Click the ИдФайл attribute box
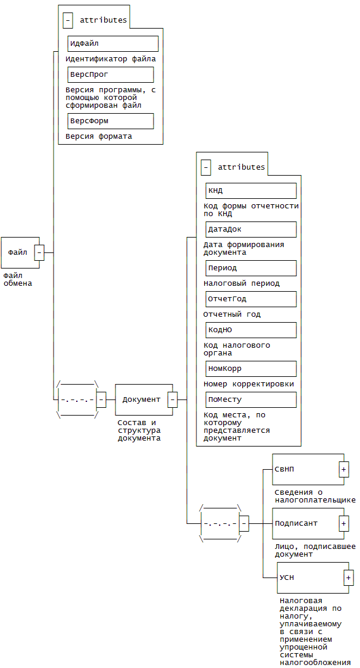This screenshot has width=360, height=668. pyautogui.click(x=113, y=43)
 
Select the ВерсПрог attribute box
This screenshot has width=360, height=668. pyautogui.click(x=111, y=74)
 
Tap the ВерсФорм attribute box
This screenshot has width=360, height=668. pyautogui.click(x=111, y=121)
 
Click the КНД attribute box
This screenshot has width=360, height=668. pyautogui.click(x=251, y=191)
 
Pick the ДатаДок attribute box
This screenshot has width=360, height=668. pyautogui.click(x=251, y=229)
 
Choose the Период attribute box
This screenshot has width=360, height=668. pyautogui.click(x=251, y=268)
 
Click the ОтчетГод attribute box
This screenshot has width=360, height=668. pyautogui.click(x=251, y=299)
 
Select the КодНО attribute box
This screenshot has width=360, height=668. pyautogui.click(x=251, y=330)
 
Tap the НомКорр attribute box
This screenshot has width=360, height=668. pyautogui.click(x=251, y=369)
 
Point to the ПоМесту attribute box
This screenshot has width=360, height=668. pyautogui.click(x=251, y=399)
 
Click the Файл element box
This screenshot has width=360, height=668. pyautogui.click(x=18, y=252)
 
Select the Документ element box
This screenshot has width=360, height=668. pyautogui.click(x=142, y=399)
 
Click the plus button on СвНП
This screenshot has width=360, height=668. pyautogui.click(x=344, y=469)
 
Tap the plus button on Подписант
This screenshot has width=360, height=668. pyautogui.click(x=344, y=523)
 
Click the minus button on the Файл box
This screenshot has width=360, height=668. pyautogui.click(x=39, y=252)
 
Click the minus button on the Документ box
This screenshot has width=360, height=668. pyautogui.click(x=173, y=399)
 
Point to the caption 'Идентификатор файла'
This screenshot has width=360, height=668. pyautogui.click(x=111, y=59)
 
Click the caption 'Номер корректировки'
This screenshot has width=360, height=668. pyautogui.click(x=248, y=384)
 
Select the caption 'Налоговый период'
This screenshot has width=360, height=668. pyautogui.click(x=241, y=283)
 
